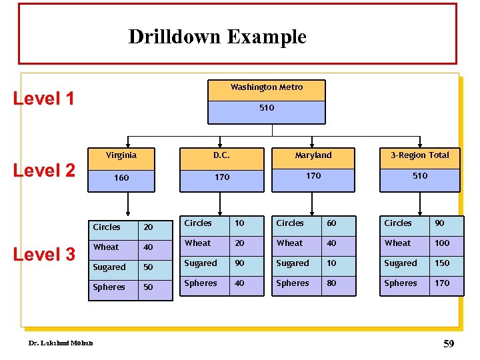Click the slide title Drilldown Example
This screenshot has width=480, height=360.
tap(217, 36)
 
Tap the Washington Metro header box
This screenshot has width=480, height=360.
tap(266, 87)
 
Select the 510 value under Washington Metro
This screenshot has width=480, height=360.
tap(266, 107)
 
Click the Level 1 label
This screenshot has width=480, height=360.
tap(44, 99)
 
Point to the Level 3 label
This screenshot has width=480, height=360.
tap(44, 254)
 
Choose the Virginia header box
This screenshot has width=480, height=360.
tap(121, 155)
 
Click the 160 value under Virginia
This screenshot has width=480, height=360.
tap(121, 178)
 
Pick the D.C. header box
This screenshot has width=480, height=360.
tap(221, 155)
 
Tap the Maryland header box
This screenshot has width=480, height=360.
tap(313, 155)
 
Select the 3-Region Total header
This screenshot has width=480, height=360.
tap(419, 155)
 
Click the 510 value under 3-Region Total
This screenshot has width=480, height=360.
tap(419, 176)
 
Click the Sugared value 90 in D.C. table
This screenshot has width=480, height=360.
tap(239, 263)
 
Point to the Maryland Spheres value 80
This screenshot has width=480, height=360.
tap(331, 283)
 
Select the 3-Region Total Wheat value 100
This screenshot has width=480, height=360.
tap(442, 243)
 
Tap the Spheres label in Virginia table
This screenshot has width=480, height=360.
tap(109, 287)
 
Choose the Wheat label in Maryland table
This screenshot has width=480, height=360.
tap(290, 243)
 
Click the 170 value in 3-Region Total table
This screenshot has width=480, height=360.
tap(442, 283)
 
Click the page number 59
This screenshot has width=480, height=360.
tap(448, 345)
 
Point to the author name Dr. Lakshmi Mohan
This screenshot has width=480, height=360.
tap(60, 343)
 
